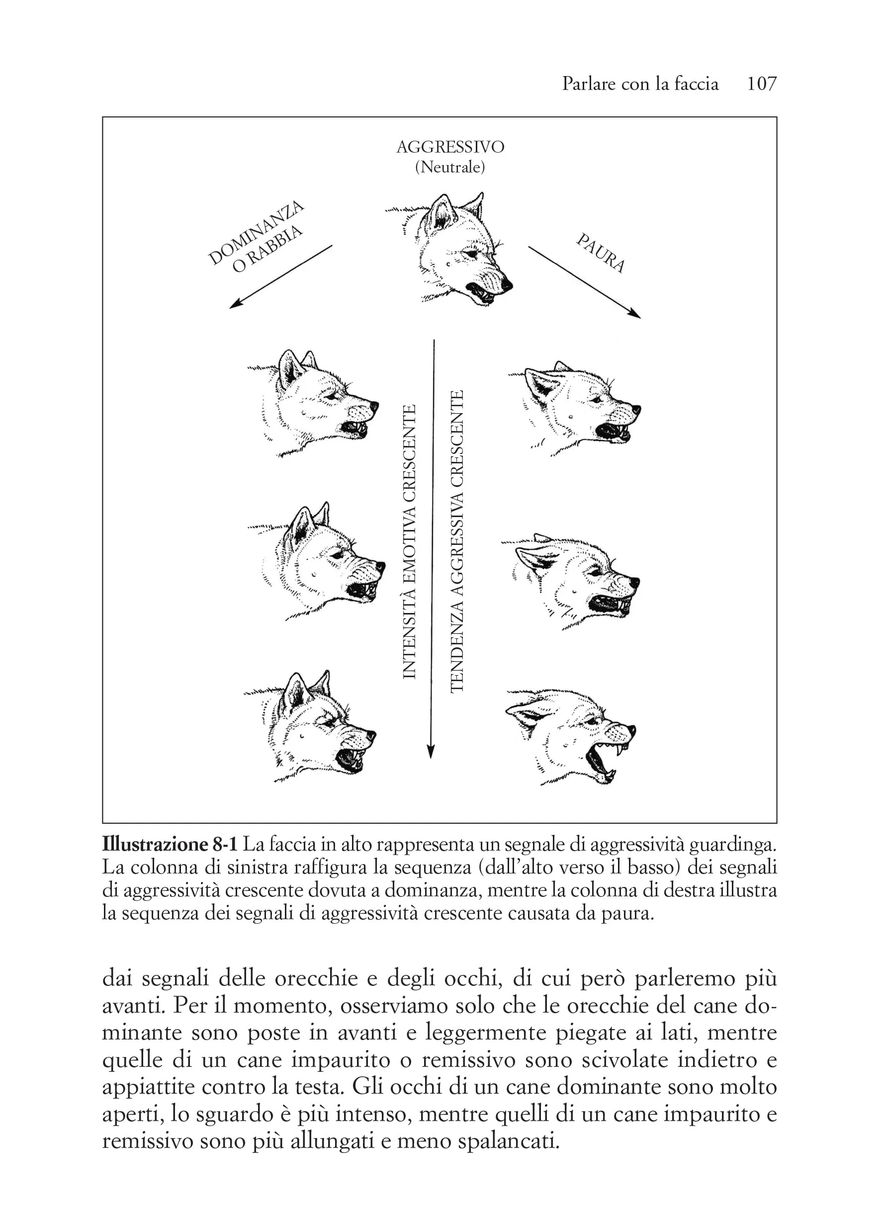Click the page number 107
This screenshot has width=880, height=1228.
pos(761,84)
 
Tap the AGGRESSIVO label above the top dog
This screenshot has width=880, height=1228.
pos(450,147)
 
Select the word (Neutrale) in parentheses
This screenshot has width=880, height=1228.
pos(450,168)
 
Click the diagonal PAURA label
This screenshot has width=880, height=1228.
pos(601,253)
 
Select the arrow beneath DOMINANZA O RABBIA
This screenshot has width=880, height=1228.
pos(280,277)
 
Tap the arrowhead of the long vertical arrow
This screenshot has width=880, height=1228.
pos(431,752)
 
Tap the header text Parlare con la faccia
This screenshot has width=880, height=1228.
pos(640,84)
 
